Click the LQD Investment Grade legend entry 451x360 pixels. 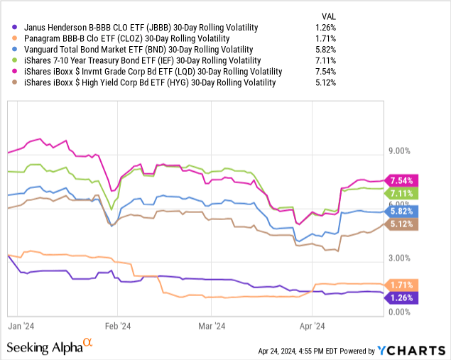[x=153, y=72]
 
